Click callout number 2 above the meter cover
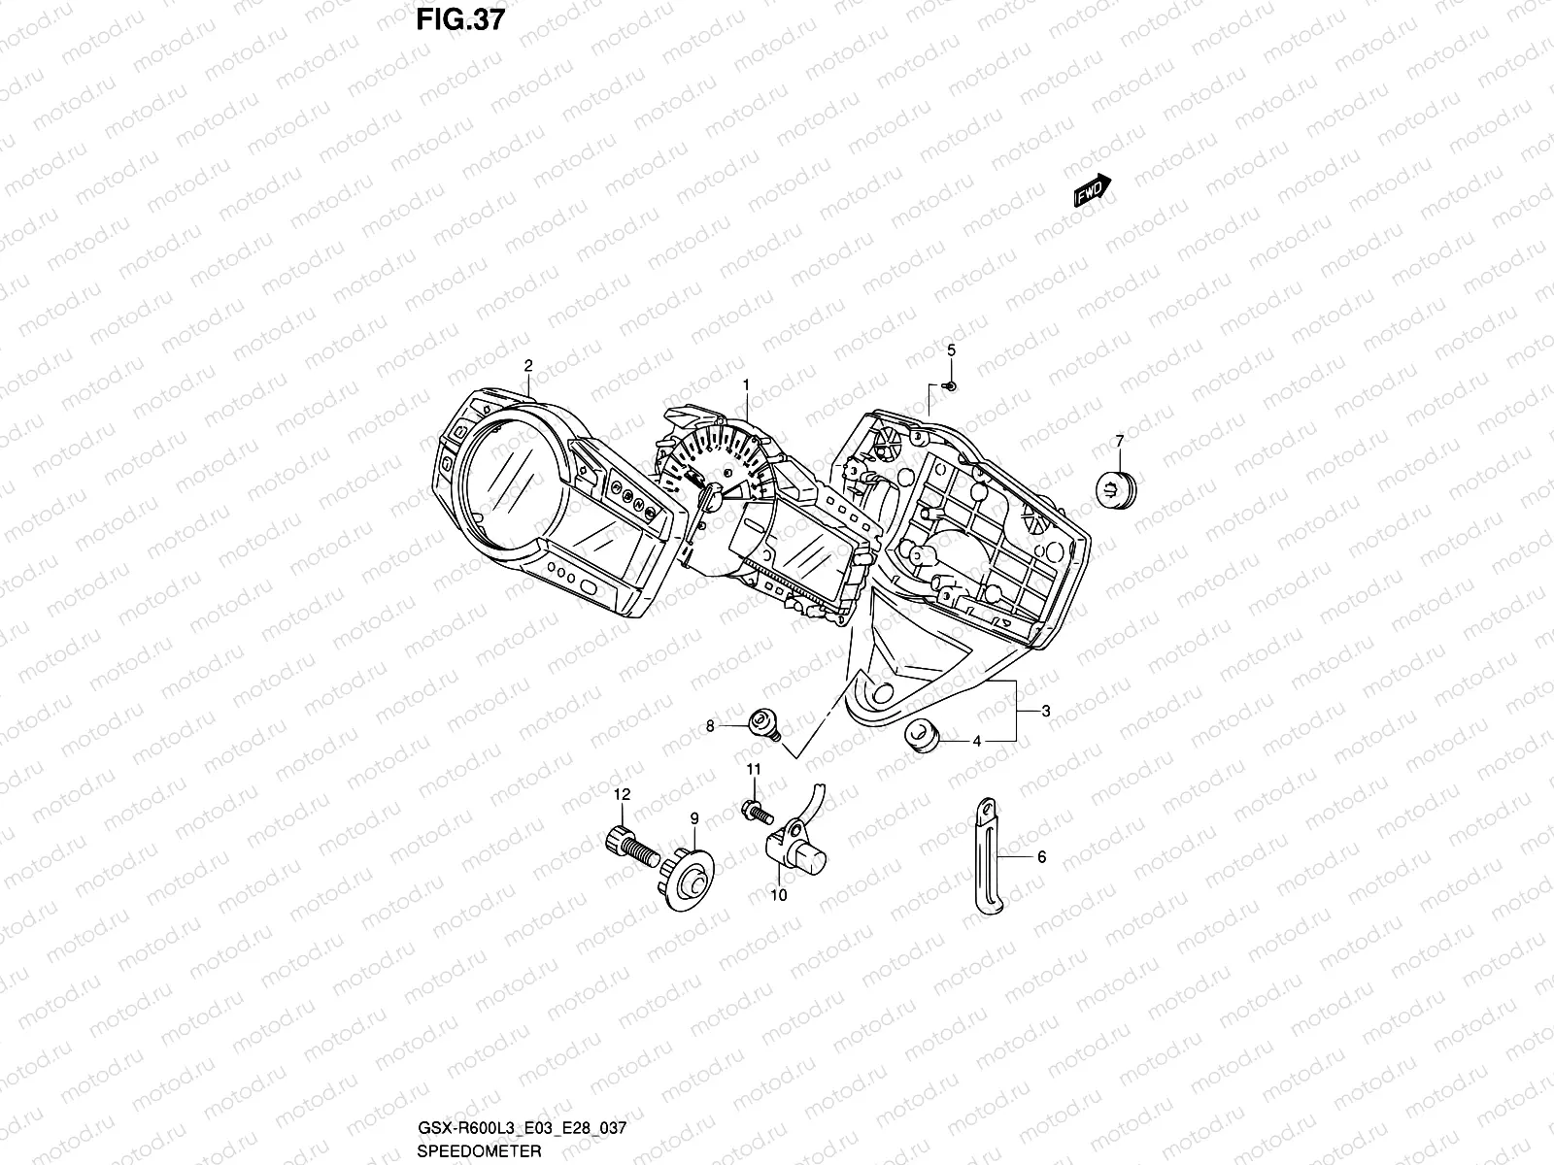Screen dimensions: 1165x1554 tap(528, 366)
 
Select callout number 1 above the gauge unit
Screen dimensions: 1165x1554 tap(746, 385)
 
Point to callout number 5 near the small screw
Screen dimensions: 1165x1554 tap(951, 349)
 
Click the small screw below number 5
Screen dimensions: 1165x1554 tap(951, 386)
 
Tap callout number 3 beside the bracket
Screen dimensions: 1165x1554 tap(1046, 712)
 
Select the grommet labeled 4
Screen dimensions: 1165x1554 tap(922, 736)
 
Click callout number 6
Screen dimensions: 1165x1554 tap(1041, 857)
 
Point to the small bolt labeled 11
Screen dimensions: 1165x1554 tap(756, 807)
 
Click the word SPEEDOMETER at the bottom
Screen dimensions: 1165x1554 tap(466, 1149)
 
